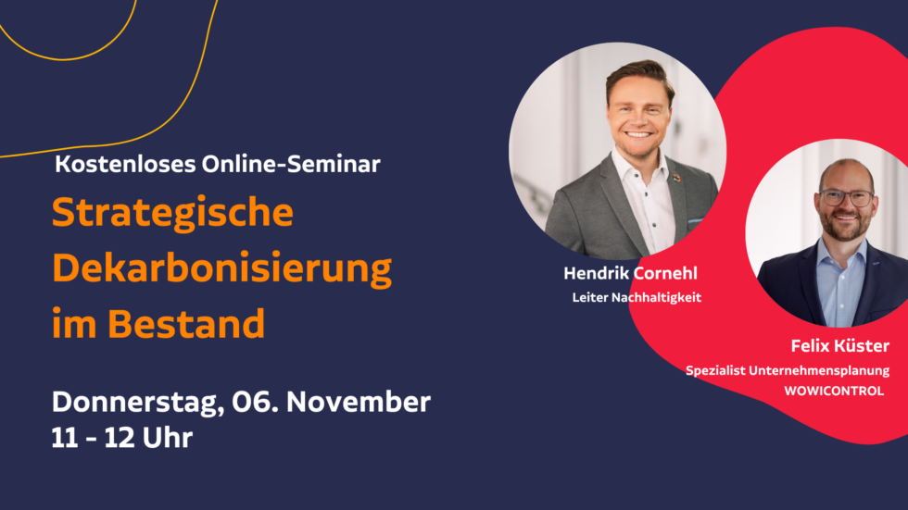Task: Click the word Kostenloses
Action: click(x=125, y=164)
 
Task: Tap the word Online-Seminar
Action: click(x=291, y=164)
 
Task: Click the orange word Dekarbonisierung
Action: click(x=221, y=268)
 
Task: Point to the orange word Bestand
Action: click(x=186, y=324)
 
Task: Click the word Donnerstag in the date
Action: click(x=138, y=402)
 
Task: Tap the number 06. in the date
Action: click(x=255, y=402)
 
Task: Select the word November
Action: click(x=358, y=402)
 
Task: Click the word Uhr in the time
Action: click(x=167, y=438)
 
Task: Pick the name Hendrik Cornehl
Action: click(x=630, y=273)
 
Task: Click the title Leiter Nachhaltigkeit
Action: click(x=637, y=297)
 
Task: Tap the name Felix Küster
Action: click(x=839, y=346)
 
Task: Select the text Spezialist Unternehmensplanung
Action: click(x=788, y=370)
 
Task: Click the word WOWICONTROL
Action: click(x=834, y=391)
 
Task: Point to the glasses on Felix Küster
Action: click(x=847, y=198)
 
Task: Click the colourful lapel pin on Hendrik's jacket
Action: click(x=676, y=178)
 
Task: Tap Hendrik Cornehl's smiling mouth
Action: click(x=638, y=135)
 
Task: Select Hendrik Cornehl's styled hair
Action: click(x=640, y=78)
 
